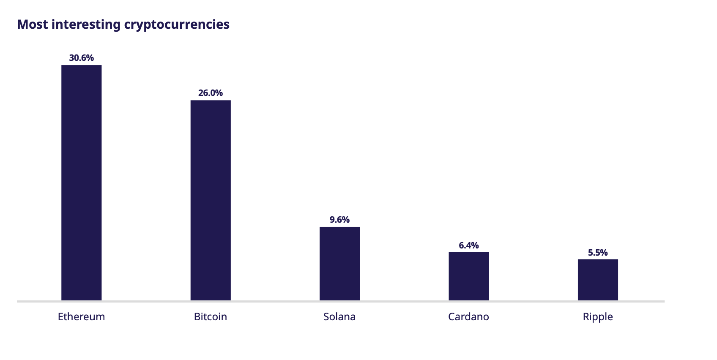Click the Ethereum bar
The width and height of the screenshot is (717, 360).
81,183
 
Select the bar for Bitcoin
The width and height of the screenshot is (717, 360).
211,200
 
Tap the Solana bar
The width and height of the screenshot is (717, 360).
339,264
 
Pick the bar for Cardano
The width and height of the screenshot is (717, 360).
468,276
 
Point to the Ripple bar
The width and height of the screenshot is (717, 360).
598,280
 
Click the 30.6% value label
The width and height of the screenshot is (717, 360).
81,58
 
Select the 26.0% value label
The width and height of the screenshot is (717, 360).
211,93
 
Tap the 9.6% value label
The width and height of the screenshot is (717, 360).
339,220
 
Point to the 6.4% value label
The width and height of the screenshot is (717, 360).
468,245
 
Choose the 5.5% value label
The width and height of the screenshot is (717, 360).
598,253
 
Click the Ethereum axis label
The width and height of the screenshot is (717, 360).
81,317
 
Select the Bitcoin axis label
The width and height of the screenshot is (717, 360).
211,317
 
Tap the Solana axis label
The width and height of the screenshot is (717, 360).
339,317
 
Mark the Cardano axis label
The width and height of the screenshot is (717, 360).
468,317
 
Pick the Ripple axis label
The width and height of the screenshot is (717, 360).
598,317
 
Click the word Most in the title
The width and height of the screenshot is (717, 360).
33,25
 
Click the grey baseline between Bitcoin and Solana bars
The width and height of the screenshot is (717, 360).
275,301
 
